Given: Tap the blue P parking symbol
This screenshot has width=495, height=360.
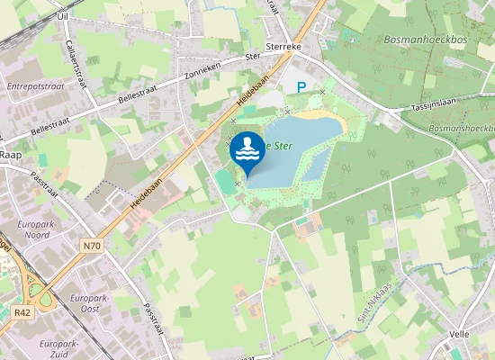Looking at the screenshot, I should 302,88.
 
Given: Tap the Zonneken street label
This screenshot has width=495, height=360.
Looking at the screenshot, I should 202,68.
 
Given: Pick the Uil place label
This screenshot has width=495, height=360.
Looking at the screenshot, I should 62,16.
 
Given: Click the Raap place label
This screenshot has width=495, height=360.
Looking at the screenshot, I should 11,155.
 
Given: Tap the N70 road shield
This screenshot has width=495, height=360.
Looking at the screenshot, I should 91,244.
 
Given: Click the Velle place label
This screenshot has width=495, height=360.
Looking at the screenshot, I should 459,334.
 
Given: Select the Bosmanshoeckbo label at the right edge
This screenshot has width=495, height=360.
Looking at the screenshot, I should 463,130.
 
